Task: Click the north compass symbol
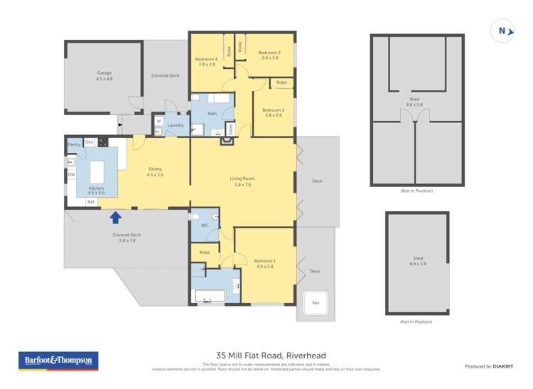click(x=503, y=31)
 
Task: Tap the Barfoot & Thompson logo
click(x=58, y=361)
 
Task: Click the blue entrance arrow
click(x=116, y=217)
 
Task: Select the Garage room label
click(x=104, y=75)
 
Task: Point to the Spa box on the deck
click(x=316, y=302)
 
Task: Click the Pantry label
click(x=74, y=144)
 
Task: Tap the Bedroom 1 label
click(x=264, y=264)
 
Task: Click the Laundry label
click(x=175, y=125)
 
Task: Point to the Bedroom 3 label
click(x=269, y=55)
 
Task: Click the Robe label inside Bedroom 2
click(x=281, y=83)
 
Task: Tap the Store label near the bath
click(x=230, y=129)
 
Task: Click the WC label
click(x=204, y=225)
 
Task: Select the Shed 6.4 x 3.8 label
click(x=418, y=260)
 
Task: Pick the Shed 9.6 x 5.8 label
click(x=415, y=102)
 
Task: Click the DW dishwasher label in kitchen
click(x=71, y=174)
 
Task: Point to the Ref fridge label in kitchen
click(x=90, y=202)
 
